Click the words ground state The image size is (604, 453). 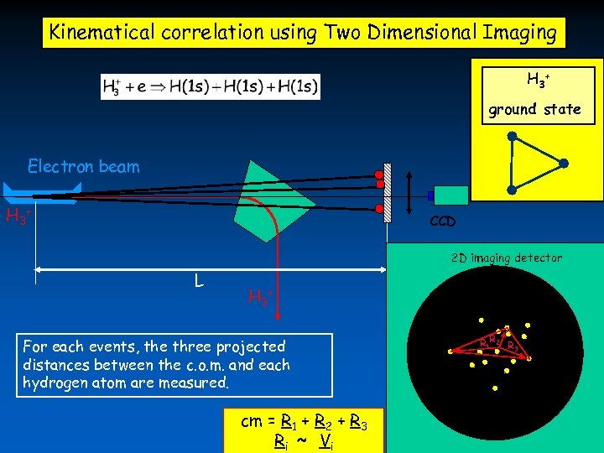(534, 109)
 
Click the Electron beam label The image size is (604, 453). (84, 166)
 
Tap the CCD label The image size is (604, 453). (443, 222)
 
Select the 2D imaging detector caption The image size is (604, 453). (507, 258)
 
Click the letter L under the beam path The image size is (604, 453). (198, 280)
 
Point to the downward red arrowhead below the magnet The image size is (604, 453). (279, 314)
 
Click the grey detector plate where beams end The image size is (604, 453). (388, 192)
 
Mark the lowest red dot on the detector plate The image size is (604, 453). (379, 208)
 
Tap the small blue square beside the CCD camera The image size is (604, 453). (430, 195)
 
